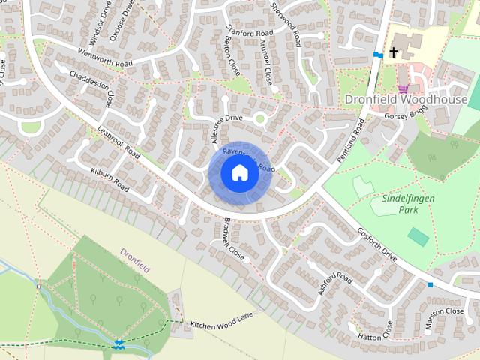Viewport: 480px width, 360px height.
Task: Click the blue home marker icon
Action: pos(238,173)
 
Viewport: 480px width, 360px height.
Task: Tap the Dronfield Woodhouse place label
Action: pos(406,99)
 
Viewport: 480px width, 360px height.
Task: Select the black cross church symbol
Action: pos(392,53)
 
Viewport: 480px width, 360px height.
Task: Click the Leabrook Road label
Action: pos(118,142)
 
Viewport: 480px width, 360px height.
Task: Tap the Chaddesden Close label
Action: pos(93,88)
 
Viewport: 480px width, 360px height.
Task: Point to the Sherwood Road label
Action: pos(286,24)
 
